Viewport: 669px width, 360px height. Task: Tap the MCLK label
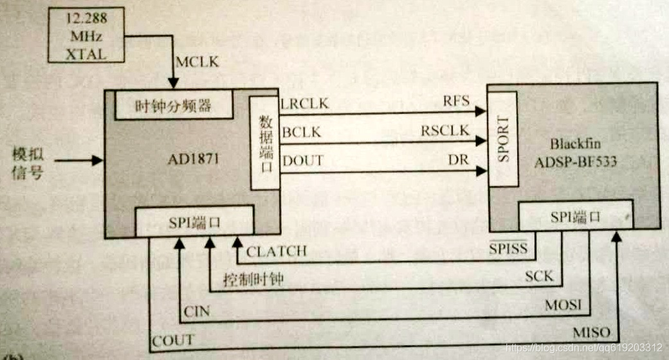coord(197,62)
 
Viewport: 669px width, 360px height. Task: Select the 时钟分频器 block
coord(173,105)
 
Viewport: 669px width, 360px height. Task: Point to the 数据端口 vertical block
coord(264,143)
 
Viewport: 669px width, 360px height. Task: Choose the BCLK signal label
coord(301,132)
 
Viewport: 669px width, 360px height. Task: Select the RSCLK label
coord(445,131)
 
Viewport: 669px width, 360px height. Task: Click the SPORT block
coord(502,138)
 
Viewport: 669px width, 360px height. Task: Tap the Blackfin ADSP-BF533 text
coord(574,152)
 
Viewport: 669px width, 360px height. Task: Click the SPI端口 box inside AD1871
coord(195,222)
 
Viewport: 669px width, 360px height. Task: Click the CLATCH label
coord(276,251)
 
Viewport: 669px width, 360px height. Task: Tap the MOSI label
coord(563,304)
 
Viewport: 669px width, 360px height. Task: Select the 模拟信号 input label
coord(28,163)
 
